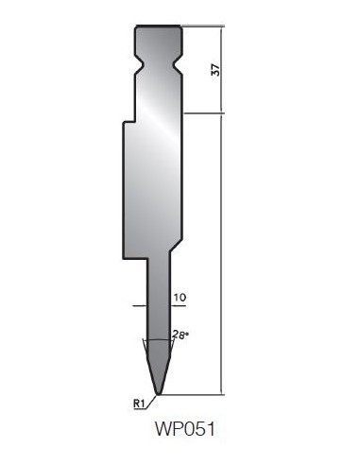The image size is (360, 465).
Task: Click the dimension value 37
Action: [216, 70]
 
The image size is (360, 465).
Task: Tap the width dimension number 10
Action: [180, 298]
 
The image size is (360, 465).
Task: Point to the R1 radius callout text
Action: [139, 404]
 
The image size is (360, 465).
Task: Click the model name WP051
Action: [185, 429]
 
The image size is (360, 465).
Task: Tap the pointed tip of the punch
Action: [159, 394]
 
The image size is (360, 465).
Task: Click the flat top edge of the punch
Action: [159, 26]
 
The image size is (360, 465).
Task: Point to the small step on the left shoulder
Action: [129, 121]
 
